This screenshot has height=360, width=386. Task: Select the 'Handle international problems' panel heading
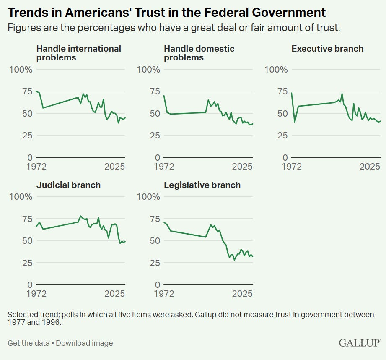click(x=78, y=53)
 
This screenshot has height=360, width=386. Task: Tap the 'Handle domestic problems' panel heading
click(x=199, y=53)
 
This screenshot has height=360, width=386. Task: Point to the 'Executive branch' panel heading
click(x=327, y=49)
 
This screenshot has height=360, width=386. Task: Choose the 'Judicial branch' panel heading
click(x=68, y=185)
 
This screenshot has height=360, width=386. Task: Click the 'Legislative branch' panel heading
click(x=202, y=185)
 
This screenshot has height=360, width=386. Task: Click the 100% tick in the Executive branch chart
click(x=276, y=69)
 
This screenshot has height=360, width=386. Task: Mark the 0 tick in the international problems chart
click(x=30, y=157)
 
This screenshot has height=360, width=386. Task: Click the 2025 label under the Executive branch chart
click(x=370, y=167)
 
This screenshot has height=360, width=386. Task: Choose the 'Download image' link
click(x=84, y=343)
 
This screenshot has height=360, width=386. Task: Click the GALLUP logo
click(x=359, y=343)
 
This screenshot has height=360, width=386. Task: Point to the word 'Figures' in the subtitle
click(x=22, y=29)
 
